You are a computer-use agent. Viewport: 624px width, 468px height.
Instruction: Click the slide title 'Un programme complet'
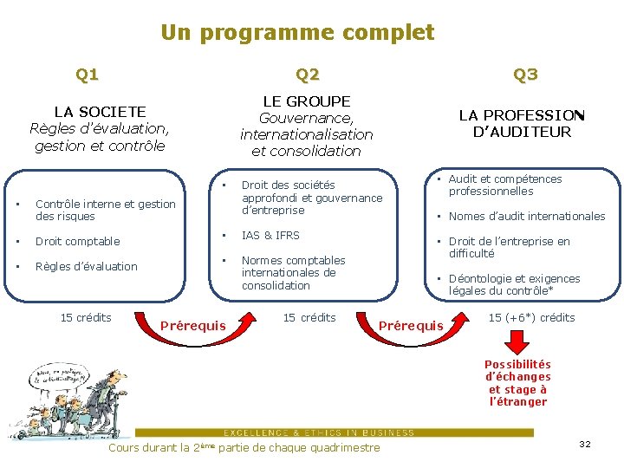[297, 33]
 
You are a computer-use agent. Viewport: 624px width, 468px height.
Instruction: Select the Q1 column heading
[87, 75]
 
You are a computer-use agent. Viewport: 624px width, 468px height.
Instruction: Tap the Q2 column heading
[308, 75]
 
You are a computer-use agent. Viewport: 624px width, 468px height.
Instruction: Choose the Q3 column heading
[525, 75]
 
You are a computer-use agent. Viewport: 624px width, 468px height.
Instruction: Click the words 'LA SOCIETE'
[100, 112]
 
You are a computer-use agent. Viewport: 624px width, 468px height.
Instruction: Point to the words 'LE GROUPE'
[306, 102]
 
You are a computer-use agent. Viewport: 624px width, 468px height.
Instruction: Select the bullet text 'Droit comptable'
[77, 242]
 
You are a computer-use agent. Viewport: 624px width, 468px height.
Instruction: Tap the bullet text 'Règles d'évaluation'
[86, 267]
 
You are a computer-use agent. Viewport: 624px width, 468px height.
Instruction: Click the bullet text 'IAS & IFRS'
[270, 236]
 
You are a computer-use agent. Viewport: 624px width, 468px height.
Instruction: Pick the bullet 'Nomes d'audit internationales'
[527, 217]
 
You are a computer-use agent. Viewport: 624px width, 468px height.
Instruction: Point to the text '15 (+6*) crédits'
[531, 318]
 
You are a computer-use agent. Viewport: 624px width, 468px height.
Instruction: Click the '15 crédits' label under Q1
[86, 318]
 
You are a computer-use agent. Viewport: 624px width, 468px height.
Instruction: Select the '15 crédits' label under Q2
[309, 318]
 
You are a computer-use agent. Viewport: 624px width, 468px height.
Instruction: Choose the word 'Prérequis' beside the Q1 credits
[193, 326]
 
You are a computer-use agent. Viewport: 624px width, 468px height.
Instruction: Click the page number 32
[584, 445]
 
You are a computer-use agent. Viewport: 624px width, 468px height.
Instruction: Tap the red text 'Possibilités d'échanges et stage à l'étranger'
[517, 383]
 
